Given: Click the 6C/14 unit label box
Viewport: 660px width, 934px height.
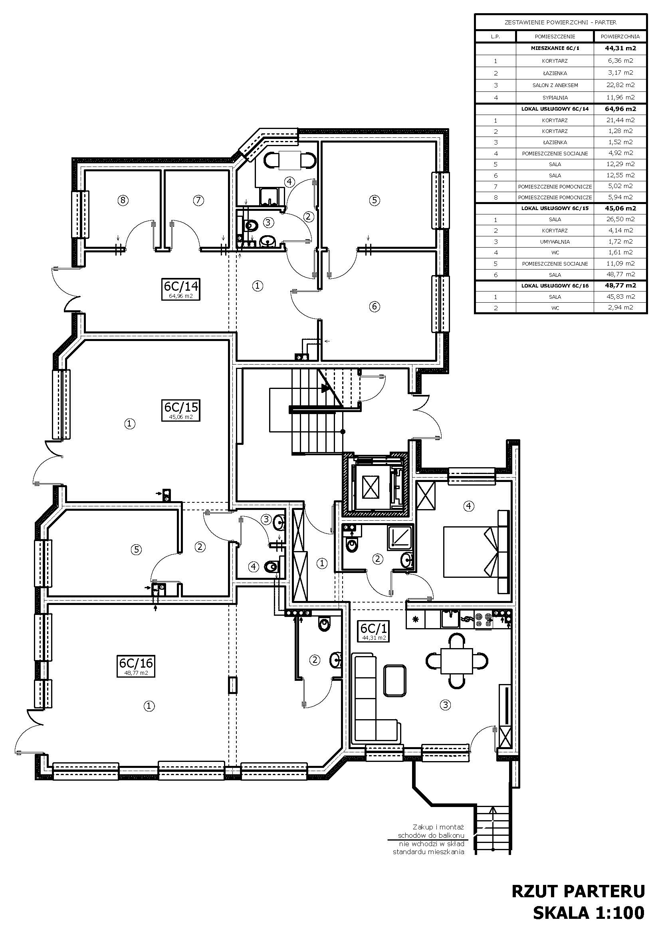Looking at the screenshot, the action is click(x=181, y=289).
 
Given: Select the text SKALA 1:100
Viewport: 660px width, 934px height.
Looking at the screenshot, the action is click(x=589, y=912).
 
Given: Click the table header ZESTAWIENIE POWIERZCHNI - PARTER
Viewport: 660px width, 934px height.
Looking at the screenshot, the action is click(x=560, y=23).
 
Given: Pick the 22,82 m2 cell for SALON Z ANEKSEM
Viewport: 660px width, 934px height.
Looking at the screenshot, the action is click(x=620, y=85).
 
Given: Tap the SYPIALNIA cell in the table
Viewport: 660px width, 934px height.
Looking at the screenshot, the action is click(x=555, y=97).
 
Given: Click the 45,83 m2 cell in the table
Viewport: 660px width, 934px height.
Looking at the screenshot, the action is click(x=620, y=297).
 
